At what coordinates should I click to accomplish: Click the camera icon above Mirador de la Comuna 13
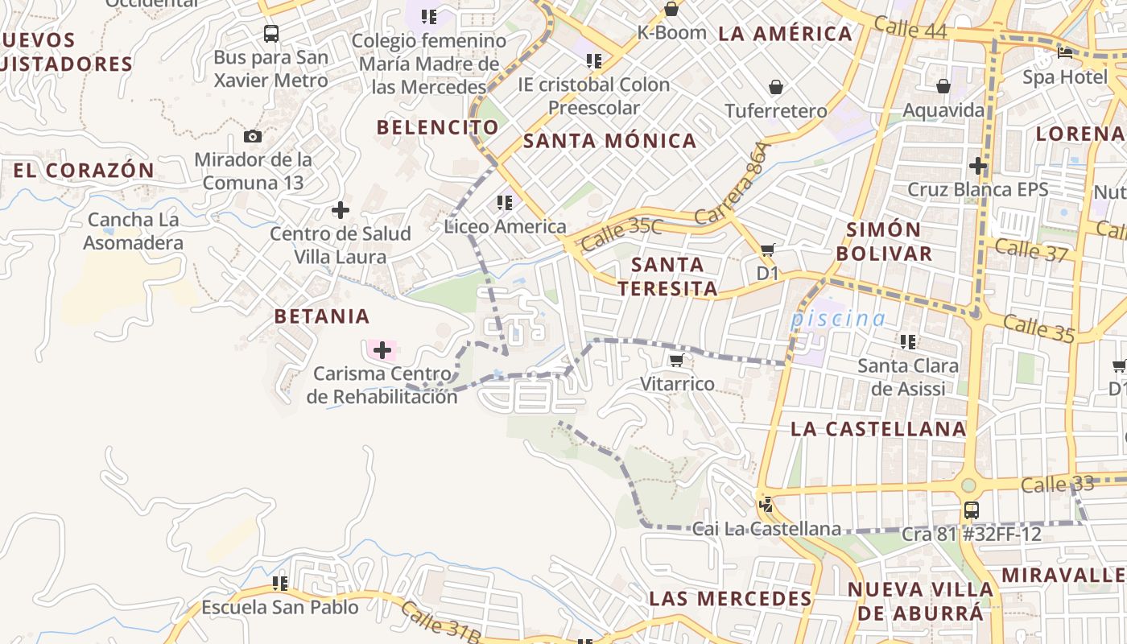[253, 136]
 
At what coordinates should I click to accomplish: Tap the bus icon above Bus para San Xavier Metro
[271, 34]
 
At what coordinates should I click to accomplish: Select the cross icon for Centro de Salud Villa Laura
[341, 210]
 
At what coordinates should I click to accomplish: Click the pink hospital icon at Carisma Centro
[382, 349]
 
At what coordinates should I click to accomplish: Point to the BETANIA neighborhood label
[322, 316]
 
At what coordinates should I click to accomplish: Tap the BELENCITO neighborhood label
[438, 127]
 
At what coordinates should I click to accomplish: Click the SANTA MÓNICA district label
[610, 141]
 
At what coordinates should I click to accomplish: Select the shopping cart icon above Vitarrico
[677, 360]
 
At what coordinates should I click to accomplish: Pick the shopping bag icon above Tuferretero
[776, 87]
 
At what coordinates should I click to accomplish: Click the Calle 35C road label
[621, 233]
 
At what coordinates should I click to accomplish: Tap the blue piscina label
[838, 319]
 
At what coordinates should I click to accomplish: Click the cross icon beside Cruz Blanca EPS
[978, 166]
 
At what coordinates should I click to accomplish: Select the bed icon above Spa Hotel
[1065, 53]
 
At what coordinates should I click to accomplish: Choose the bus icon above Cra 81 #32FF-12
[972, 510]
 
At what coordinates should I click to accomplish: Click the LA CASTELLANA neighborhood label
[878, 429]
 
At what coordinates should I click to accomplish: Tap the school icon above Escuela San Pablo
[280, 583]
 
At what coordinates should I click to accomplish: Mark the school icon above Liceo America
[505, 203]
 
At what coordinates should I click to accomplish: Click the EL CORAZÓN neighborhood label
[84, 171]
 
